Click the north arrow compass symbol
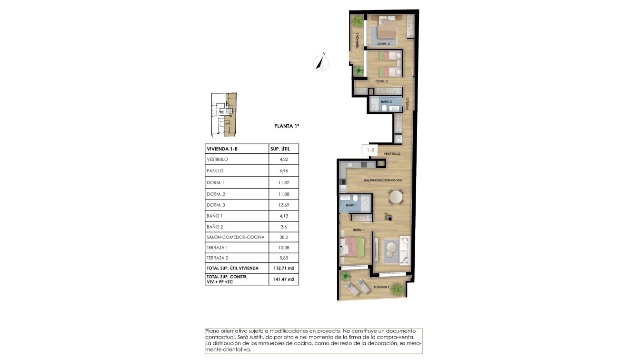321,62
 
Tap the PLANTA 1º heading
287,126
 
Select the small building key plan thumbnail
224,115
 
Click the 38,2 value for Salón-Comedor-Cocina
283,237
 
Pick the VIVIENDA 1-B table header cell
222,149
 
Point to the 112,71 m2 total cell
284,268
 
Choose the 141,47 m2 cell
284,279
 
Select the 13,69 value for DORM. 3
283,205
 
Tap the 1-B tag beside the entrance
370,150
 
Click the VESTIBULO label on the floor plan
392,154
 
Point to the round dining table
395,196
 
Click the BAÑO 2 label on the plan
386,102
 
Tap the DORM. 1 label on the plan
358,230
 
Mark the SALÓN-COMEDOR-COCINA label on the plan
383,180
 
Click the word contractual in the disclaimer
220,337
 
